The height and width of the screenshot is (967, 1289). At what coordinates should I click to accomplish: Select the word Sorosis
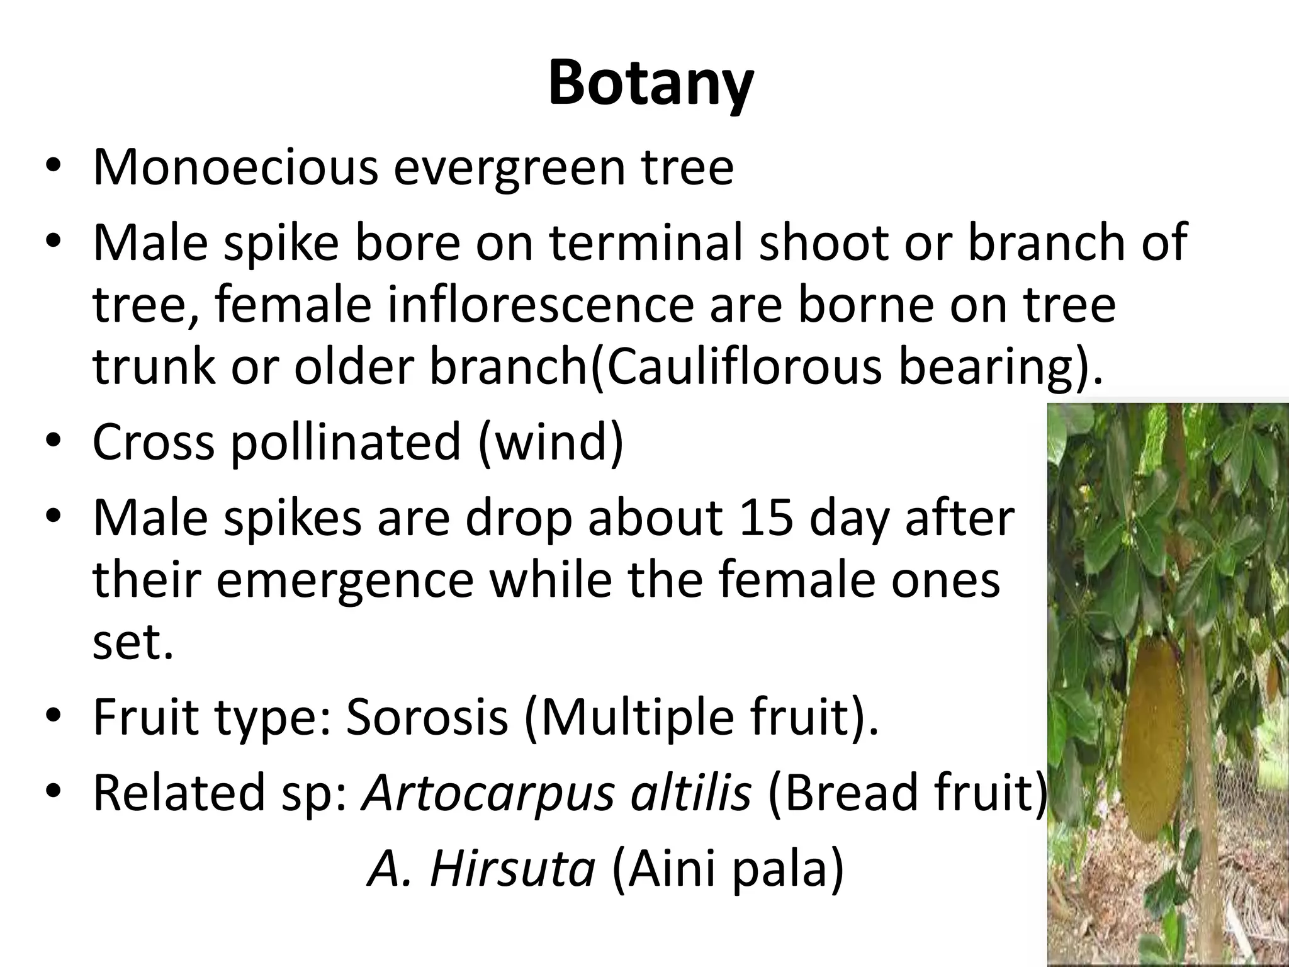[x=427, y=717]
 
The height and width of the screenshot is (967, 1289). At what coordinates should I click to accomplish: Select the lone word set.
[x=133, y=642]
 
